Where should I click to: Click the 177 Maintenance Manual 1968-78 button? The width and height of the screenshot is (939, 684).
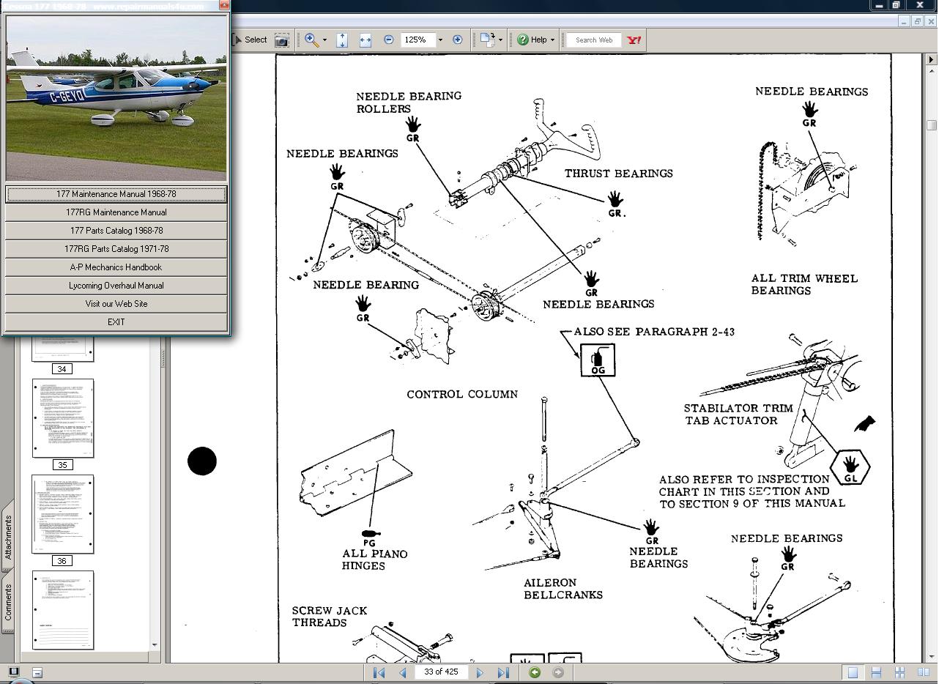tap(116, 194)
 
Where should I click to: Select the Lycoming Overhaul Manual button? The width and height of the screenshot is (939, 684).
tap(116, 286)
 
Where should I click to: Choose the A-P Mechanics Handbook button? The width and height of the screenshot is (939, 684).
tap(116, 267)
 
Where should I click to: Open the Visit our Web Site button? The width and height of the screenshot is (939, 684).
tap(116, 304)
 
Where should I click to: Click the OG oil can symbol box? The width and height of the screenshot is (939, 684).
tap(597, 360)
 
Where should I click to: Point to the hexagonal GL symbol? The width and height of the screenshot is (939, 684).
tap(850, 467)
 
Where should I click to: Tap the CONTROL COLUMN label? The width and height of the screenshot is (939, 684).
tap(462, 394)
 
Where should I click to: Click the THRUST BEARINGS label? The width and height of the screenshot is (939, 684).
tap(618, 174)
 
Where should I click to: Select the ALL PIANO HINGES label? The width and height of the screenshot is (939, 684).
tap(374, 560)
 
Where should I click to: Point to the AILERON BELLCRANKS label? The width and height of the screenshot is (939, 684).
tap(563, 589)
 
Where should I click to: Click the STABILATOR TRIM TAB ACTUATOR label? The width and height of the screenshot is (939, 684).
tap(738, 415)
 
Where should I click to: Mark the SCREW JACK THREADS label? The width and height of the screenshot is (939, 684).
tap(329, 617)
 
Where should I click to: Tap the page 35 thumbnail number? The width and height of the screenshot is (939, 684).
tap(62, 465)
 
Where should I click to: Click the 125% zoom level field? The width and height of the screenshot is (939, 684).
tap(417, 40)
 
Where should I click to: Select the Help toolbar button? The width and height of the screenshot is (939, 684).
tap(535, 40)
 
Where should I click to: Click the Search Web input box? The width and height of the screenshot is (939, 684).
tap(594, 40)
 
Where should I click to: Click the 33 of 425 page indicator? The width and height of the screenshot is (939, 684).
tap(441, 672)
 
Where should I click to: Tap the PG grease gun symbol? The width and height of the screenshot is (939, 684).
tap(370, 535)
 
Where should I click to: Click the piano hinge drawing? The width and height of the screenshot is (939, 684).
tap(355, 472)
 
